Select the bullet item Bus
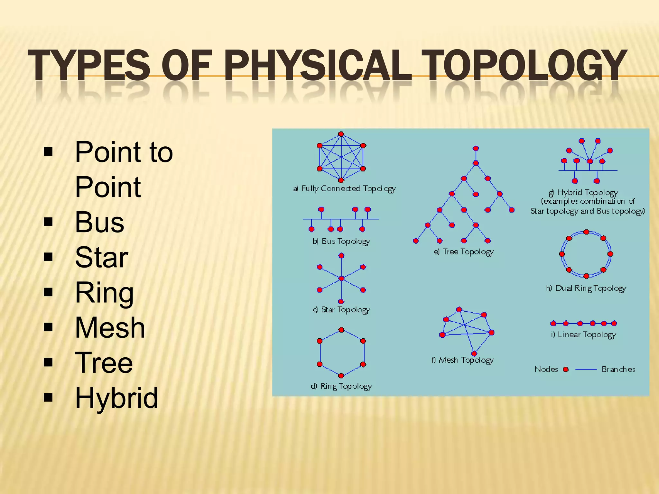point(99,222)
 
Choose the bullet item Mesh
point(110,328)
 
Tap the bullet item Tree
point(104,363)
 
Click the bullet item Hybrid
point(116,398)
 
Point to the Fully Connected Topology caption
point(345,189)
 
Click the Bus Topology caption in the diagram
point(341,242)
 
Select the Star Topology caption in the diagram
point(341,310)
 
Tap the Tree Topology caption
point(464,252)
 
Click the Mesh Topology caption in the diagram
point(462,360)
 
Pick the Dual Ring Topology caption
point(586,288)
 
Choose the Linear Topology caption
point(583,335)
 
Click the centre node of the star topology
point(341,279)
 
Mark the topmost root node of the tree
point(476,148)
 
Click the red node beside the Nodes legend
point(566,369)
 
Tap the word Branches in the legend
point(618,369)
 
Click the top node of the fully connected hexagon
point(341,134)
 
